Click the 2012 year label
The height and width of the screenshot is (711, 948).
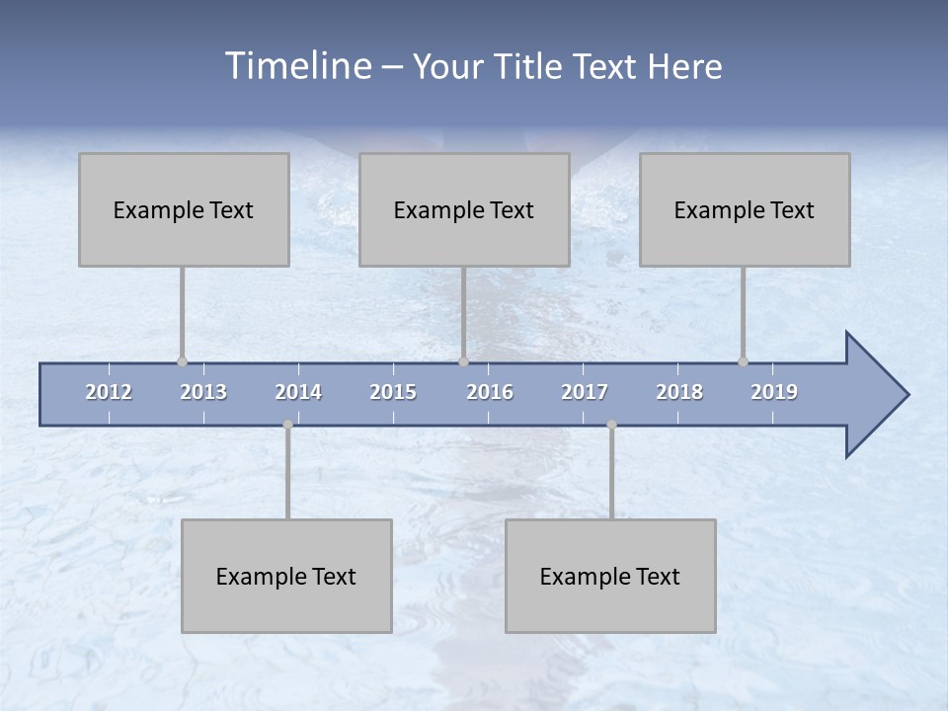point(109,392)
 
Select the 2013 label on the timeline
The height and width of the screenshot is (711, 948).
point(203,392)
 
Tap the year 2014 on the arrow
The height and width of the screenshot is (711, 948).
point(298,392)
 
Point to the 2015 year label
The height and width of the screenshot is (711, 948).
point(393,392)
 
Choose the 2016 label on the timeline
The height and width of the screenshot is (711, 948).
point(490,392)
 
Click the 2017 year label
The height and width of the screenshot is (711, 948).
point(585,392)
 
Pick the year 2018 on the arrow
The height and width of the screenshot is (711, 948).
point(679,392)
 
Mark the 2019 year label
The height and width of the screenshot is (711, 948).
point(774,392)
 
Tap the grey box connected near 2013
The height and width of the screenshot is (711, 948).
point(184,209)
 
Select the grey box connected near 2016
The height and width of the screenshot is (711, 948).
point(464,209)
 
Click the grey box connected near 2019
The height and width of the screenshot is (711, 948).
point(745,209)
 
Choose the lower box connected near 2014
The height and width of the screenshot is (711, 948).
point(286,576)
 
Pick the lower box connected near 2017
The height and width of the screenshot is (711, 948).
point(610,576)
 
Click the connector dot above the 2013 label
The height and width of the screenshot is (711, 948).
point(182,361)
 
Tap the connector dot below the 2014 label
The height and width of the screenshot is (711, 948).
point(287,425)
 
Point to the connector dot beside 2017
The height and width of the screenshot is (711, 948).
point(611,425)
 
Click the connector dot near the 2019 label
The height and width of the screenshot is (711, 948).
point(743,361)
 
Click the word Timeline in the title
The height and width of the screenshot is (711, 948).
point(297,65)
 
